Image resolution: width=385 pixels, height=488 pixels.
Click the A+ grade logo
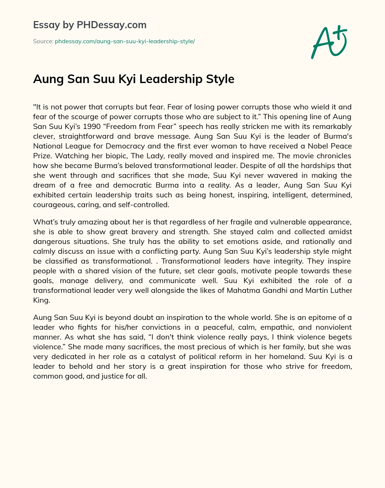point(329,42)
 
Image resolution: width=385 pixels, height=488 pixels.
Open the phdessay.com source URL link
point(125,41)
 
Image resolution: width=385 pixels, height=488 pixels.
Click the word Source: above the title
point(43,41)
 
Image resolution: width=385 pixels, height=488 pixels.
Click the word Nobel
point(321,146)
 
